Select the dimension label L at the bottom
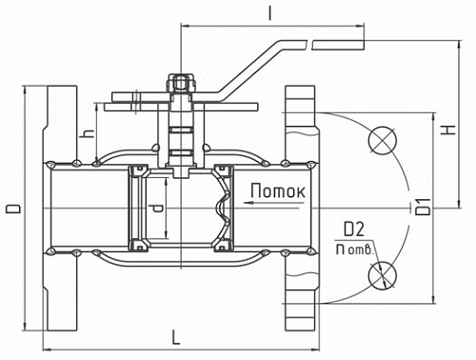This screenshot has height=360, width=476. tap(175, 337)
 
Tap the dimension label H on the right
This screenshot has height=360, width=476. tap(448, 130)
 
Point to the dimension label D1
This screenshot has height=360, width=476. tap(424, 207)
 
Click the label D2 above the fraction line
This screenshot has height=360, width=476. tap(354, 230)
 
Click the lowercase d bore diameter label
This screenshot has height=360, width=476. tap(157, 208)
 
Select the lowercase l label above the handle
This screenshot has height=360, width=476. tap(270, 13)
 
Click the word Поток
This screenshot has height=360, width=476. tap(278, 191)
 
